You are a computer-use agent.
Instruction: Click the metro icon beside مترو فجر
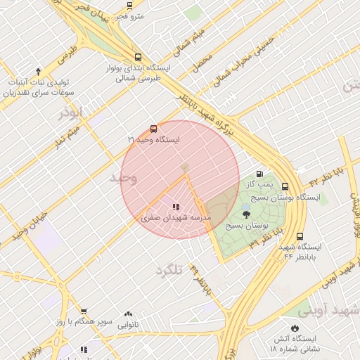point(129,6)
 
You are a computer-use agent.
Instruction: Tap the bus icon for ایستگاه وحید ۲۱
point(153,129)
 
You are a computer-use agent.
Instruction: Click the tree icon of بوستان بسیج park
point(246,214)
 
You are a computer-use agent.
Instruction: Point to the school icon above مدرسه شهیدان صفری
point(175,207)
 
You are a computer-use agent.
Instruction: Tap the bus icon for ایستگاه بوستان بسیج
point(285,187)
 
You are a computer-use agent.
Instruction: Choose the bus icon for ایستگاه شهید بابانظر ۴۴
point(300,236)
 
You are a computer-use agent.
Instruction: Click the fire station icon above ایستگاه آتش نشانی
point(295,328)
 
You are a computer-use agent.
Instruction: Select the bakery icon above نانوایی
point(128,314)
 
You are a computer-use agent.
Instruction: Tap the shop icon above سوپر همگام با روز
point(84,311)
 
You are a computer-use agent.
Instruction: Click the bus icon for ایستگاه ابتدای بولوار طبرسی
point(137,58)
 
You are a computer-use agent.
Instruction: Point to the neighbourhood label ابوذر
point(70,112)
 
